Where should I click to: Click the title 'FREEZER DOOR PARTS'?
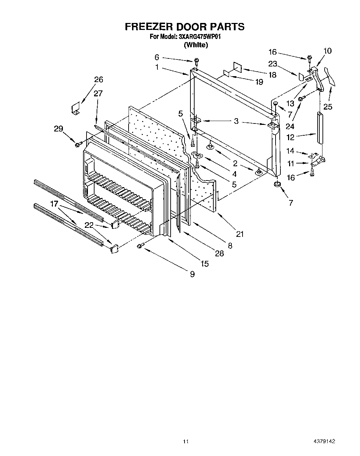point(184,27)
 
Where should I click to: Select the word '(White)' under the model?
point(196,45)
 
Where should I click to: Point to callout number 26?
point(99,80)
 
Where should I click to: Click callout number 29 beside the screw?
point(58,129)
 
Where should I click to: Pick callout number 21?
point(240,234)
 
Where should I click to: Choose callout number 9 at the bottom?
point(192,274)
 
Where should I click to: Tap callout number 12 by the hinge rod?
point(290,137)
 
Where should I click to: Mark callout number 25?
point(328,106)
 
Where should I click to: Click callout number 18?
point(272,75)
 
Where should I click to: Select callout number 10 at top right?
point(327,51)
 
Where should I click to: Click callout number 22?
point(89,225)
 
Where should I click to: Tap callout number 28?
point(219,254)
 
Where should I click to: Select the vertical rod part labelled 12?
point(319,128)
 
